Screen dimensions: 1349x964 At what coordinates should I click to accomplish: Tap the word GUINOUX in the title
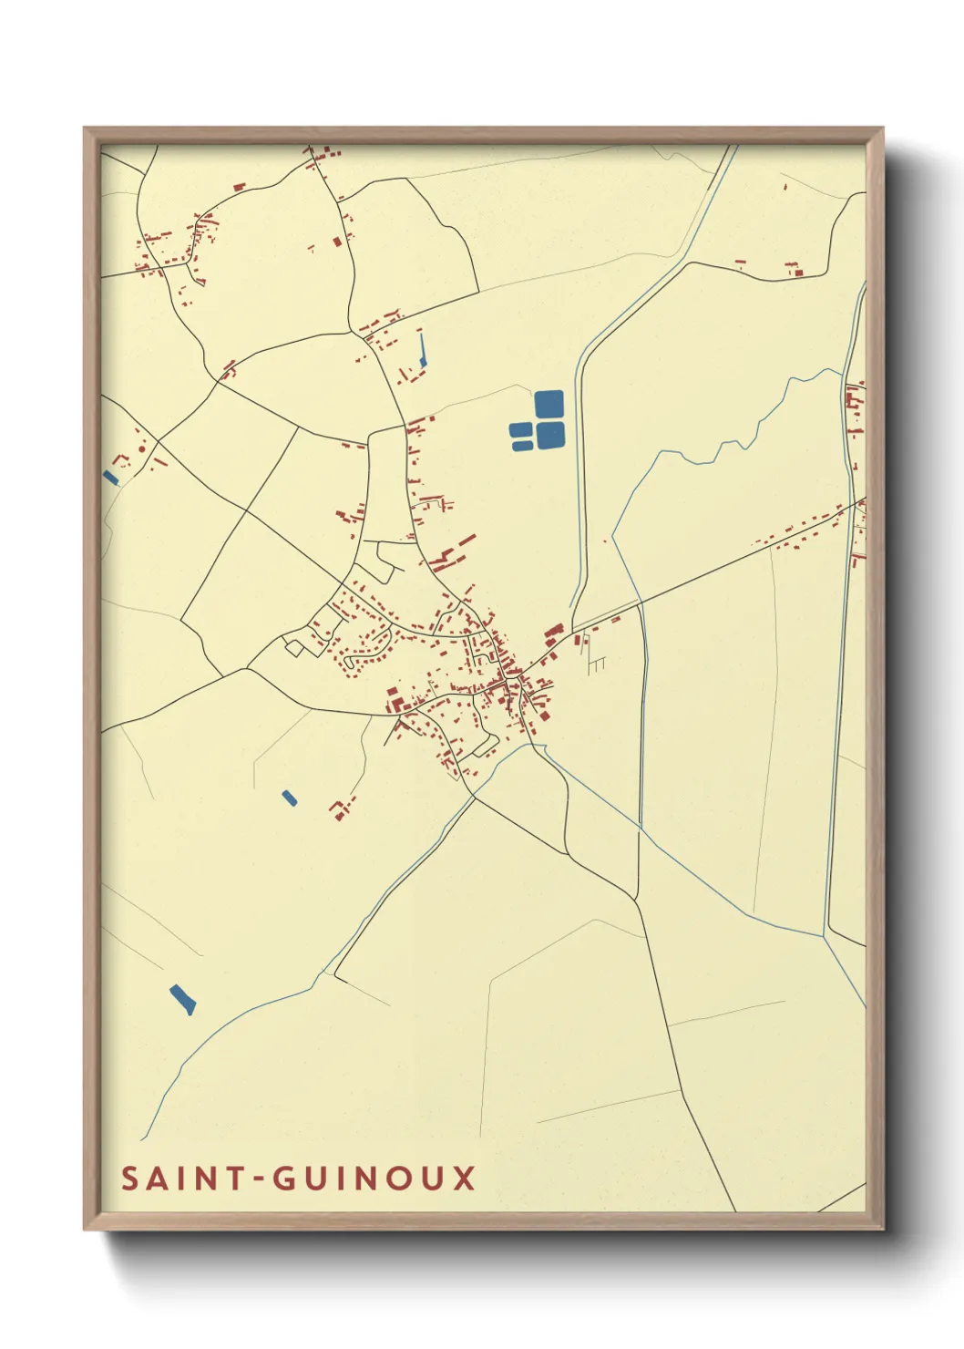coord(374,1178)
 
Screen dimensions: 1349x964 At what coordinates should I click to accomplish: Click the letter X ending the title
coord(466,1178)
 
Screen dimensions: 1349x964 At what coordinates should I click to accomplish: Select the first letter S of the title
coord(130,1178)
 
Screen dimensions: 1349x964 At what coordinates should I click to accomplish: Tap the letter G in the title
coord(284,1178)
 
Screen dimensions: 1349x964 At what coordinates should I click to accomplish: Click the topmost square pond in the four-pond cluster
coord(549,404)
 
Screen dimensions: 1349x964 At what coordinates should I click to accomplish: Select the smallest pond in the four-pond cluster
coord(518,429)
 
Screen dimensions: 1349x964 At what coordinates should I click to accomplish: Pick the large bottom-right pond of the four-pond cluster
coord(549,435)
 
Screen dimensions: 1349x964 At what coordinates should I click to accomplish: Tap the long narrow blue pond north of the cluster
coord(422,349)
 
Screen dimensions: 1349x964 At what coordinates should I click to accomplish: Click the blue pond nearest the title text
coord(182,999)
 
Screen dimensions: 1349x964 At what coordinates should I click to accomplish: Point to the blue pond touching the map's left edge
coord(110,477)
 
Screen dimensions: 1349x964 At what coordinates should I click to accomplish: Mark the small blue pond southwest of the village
coord(289,798)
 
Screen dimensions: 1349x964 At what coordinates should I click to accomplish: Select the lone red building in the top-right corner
coord(785,187)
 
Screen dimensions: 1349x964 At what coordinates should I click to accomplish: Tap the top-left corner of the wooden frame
coord(86,129)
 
